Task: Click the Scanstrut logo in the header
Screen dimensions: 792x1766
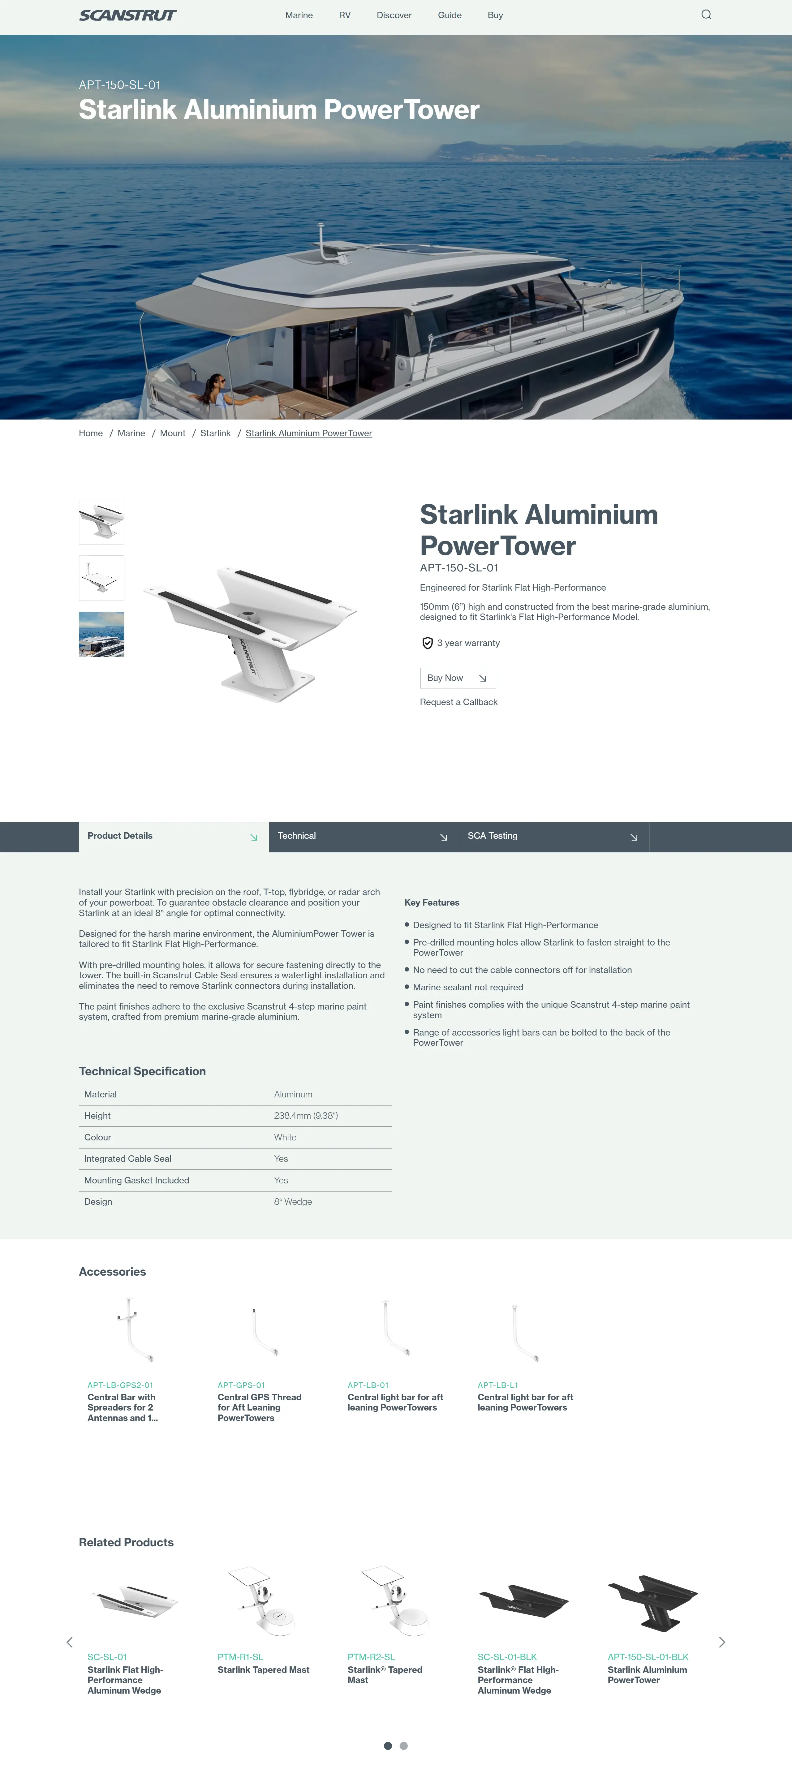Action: [x=127, y=15]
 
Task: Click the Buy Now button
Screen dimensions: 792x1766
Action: [x=457, y=678]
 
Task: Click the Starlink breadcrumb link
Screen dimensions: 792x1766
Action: [x=215, y=433]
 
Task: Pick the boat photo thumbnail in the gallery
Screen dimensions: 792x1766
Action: [x=101, y=634]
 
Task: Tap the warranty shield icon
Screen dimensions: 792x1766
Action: [x=427, y=643]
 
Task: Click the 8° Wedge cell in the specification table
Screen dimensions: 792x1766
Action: [x=293, y=1202]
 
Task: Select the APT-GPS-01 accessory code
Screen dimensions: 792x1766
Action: [x=241, y=1385]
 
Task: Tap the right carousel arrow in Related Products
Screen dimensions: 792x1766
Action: [x=721, y=1642]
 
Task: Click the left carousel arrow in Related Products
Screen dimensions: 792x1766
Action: [x=69, y=1642]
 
